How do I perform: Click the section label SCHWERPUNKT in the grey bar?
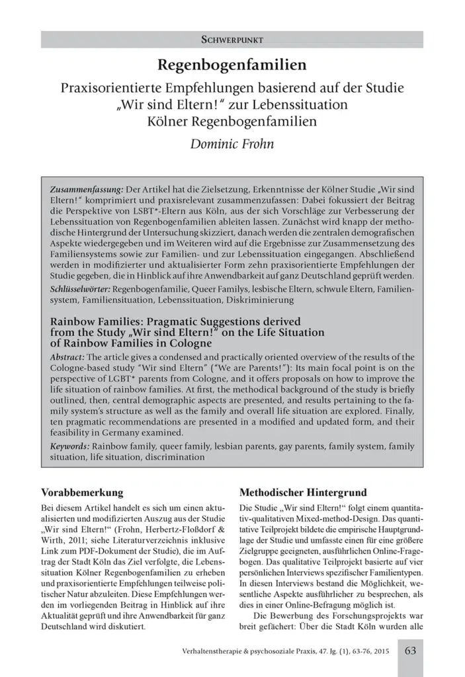[232, 40]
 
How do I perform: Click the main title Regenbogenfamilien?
[232, 65]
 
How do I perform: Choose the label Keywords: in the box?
[71, 446]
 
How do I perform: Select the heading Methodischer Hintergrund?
[298, 493]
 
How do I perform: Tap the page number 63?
[410, 651]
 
